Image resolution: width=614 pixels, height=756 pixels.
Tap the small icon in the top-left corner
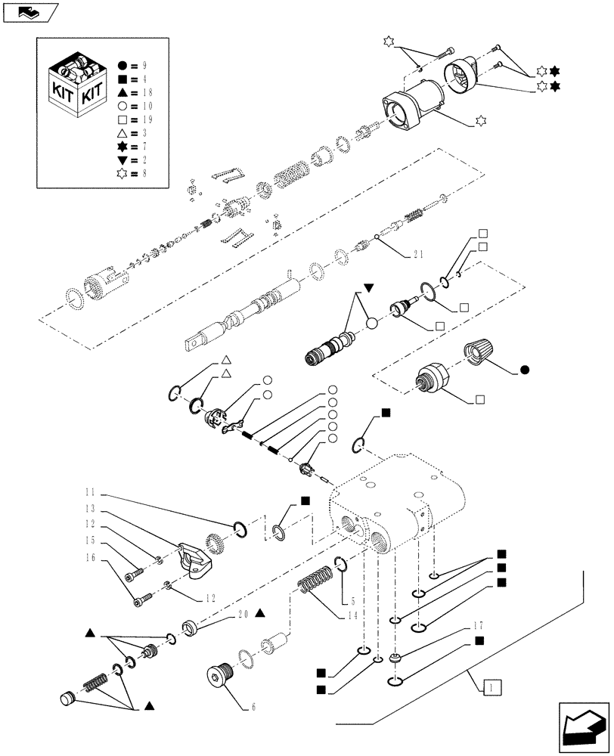tap(30, 11)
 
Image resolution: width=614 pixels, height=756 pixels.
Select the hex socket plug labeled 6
tap(220, 674)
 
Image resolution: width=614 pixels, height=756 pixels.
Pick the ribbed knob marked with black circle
tap(479, 351)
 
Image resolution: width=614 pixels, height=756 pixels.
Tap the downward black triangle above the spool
tap(369, 288)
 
